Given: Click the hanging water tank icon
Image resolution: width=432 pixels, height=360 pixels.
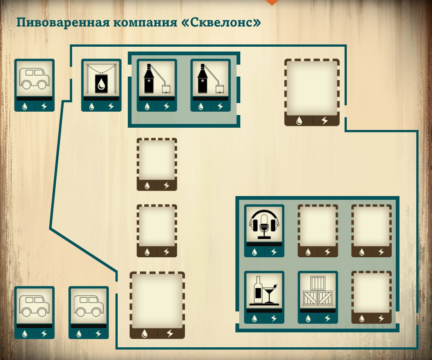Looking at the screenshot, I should click(101, 80).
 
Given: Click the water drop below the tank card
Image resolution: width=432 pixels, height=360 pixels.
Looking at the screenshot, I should click(92, 106).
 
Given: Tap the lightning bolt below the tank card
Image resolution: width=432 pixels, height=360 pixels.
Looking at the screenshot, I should click(111, 106).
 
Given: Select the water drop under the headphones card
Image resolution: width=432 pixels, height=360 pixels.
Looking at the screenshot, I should click(254, 252).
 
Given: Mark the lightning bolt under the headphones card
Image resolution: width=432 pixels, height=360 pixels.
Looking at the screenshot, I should click(274, 252).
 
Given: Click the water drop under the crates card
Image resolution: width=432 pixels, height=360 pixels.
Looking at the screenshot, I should click(308, 319).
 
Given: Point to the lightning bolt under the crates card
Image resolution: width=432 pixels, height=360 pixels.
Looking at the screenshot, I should click(328, 319).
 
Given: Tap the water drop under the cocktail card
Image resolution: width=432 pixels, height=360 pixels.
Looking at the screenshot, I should click(254, 319).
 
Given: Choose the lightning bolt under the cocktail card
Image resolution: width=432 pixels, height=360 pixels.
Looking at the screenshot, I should click(274, 319).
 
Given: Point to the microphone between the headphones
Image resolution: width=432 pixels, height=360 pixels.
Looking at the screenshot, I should click(265, 224).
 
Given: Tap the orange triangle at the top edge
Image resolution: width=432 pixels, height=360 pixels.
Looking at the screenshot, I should click(272, 2).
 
